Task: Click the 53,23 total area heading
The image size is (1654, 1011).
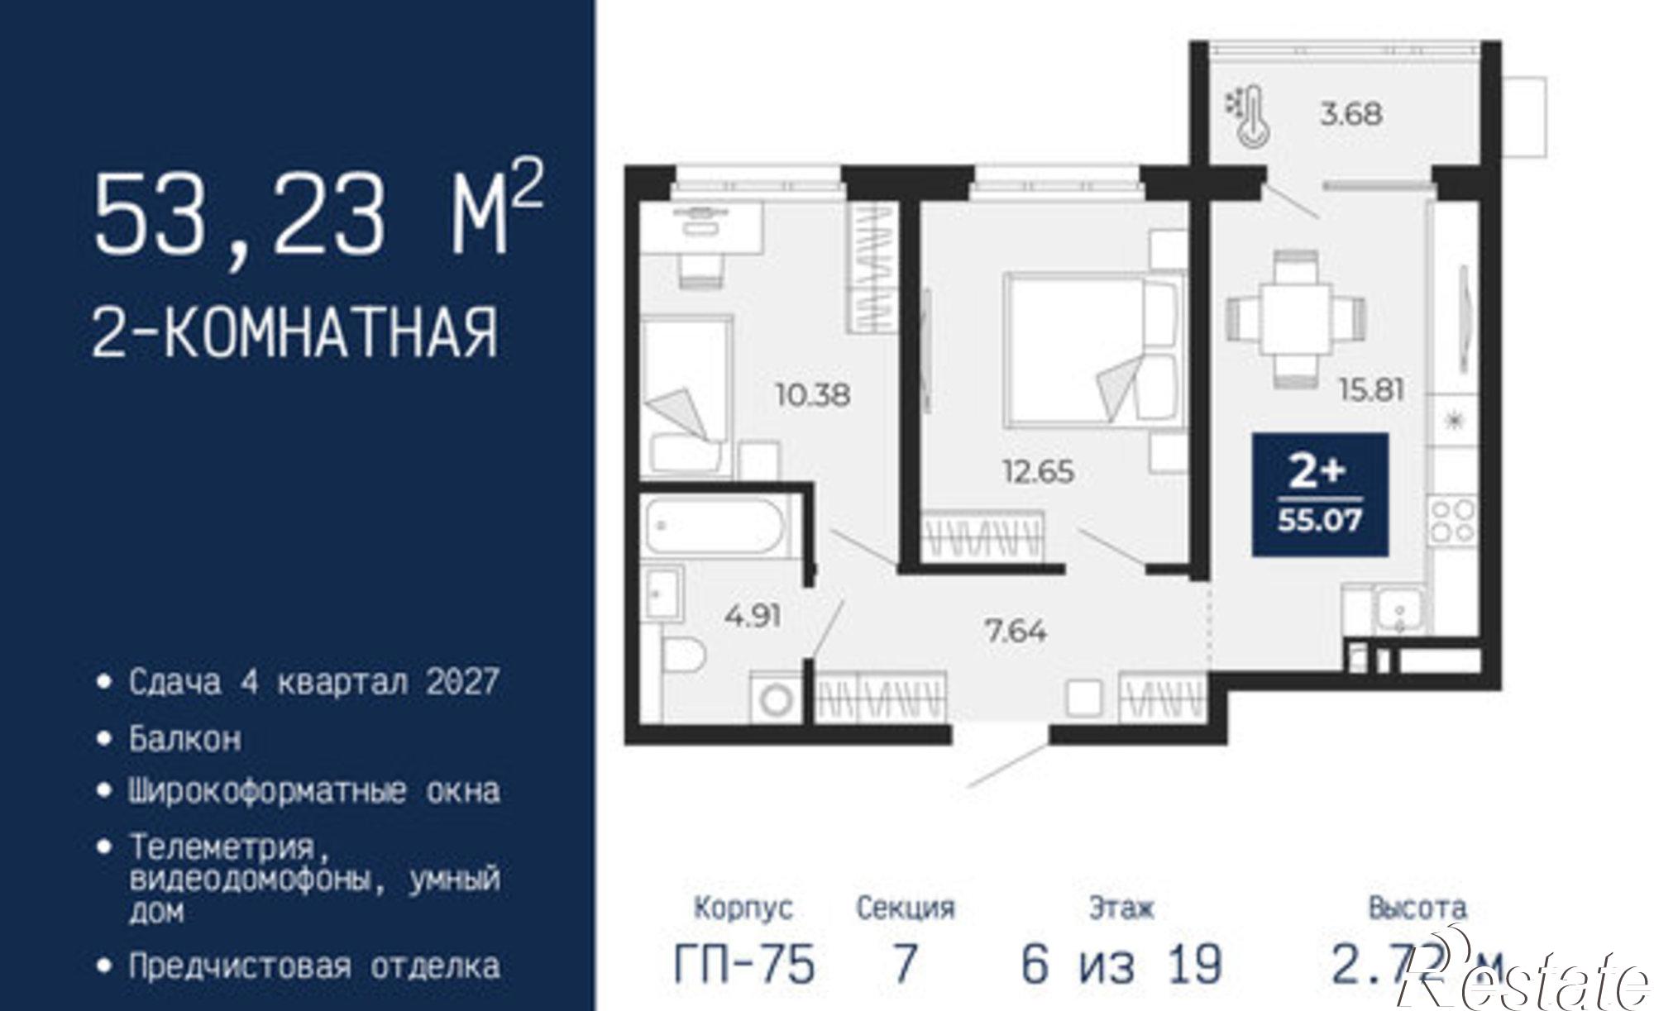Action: tap(318, 213)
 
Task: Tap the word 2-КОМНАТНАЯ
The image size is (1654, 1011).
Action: tap(295, 332)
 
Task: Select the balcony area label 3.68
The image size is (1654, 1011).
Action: tap(1350, 113)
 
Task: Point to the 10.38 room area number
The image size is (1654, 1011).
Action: tap(812, 394)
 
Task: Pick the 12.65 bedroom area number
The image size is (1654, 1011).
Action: tap(1038, 471)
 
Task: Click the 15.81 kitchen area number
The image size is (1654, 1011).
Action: tap(1371, 389)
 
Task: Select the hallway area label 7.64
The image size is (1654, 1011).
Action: tap(1016, 632)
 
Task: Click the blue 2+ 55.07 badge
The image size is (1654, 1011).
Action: tap(1320, 494)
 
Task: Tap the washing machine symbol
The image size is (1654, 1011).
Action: tap(776, 700)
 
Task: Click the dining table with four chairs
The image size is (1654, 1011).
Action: tap(1295, 318)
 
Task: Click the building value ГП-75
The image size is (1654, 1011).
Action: tap(744, 964)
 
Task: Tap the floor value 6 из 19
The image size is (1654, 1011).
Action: tap(1121, 964)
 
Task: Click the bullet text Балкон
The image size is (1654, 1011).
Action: tap(185, 738)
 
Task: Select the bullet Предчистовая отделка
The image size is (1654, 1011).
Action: tap(314, 966)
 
